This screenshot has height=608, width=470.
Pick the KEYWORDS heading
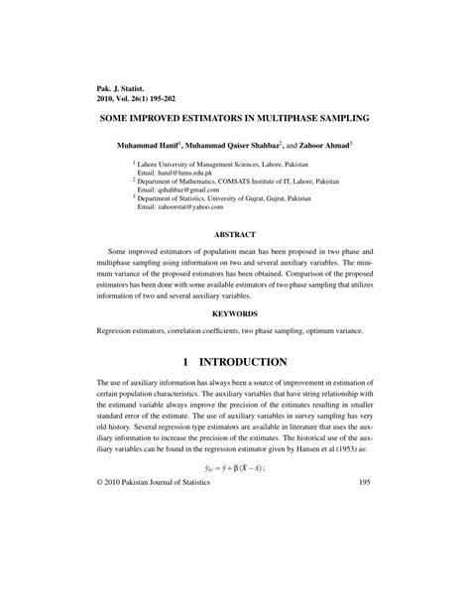point(236,311)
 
